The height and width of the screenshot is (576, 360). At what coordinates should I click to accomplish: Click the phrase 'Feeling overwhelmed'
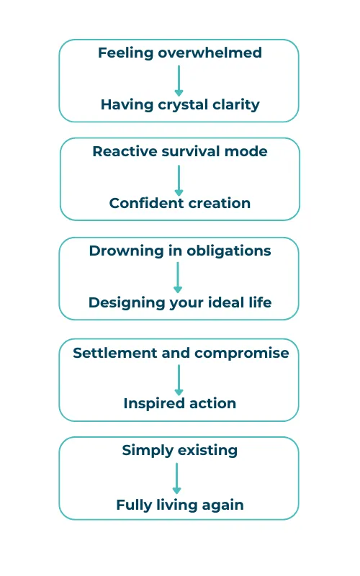(179, 53)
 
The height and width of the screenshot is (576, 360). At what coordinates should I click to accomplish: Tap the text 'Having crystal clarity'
(180, 104)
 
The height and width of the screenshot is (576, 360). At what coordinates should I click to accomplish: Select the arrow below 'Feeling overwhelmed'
(179, 81)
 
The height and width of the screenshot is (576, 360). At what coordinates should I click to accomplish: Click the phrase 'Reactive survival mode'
(179, 151)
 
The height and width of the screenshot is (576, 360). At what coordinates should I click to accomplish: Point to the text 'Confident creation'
(179, 203)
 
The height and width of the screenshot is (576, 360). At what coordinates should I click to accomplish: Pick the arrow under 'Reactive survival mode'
(179, 181)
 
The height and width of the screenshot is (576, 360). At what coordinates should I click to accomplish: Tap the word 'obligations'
(229, 251)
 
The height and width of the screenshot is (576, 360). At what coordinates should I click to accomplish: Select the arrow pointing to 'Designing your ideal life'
(178, 277)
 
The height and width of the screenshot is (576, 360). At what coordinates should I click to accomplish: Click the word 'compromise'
(242, 354)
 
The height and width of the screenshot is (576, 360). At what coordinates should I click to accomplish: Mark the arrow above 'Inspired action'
(179, 380)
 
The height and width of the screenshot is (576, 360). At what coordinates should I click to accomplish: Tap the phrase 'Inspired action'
(179, 404)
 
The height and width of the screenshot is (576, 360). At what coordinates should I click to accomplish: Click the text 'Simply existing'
(179, 451)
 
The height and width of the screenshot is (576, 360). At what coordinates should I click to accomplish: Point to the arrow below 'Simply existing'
(176, 478)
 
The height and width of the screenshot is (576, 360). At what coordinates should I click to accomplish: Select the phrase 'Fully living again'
(179, 505)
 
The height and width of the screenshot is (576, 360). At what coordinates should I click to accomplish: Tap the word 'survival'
(191, 151)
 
